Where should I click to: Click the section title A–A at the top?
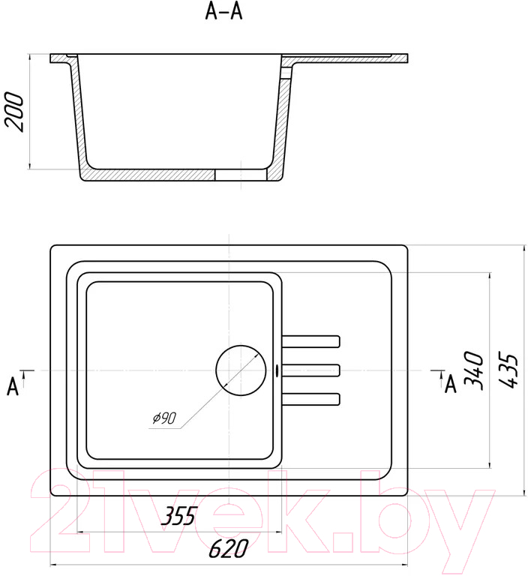click(223, 12)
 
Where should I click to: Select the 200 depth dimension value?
click(15, 112)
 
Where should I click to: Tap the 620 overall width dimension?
click(228, 548)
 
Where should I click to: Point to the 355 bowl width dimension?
click(179, 515)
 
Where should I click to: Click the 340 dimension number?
click(474, 370)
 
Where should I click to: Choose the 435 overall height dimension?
click(509, 370)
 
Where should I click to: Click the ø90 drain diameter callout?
click(164, 418)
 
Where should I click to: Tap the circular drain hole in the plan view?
click(241, 370)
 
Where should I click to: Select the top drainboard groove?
click(310, 341)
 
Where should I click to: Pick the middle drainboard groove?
click(310, 370)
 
